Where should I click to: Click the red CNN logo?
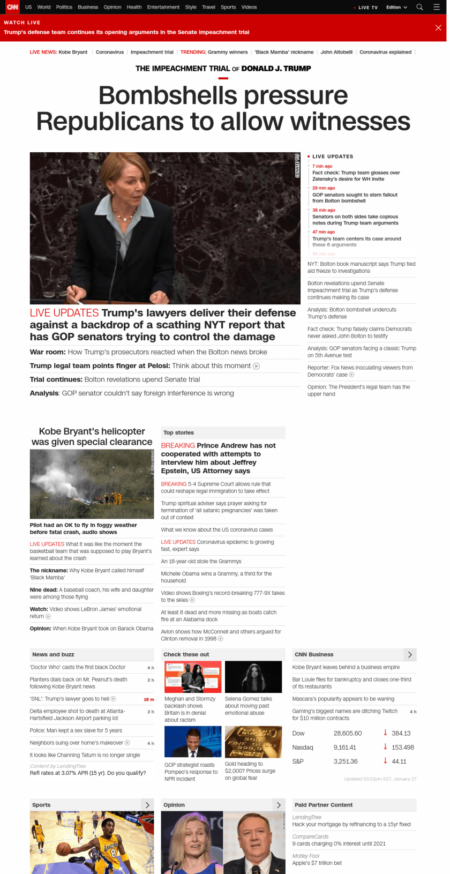coord(12,7)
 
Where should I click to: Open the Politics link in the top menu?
coord(64,7)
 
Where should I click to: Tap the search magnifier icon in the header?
coord(420,7)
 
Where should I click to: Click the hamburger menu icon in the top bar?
coord(437,7)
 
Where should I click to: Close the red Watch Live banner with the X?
coord(438,28)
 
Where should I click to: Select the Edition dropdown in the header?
coord(396,8)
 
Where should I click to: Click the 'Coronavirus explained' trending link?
coord(385,52)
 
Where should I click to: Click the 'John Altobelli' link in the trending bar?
coord(336,52)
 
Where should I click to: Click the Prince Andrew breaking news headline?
coord(218,458)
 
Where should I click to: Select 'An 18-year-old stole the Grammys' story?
coord(201,561)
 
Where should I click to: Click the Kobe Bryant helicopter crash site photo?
coord(92,484)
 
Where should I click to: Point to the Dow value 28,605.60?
coord(348,733)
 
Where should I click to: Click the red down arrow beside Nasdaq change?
coord(385,746)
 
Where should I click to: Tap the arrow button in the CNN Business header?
coord(410,654)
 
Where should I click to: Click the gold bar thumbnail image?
coord(253,742)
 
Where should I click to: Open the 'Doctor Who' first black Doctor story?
coord(78,667)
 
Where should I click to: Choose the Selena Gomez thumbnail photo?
coord(253,677)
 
